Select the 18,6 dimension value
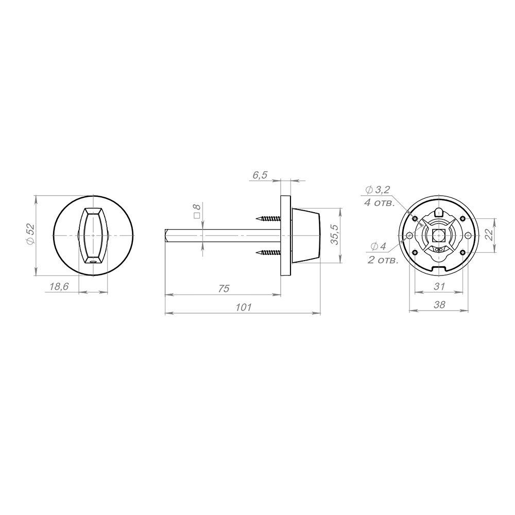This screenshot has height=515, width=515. (59, 287)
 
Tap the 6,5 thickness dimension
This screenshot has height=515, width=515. (260, 176)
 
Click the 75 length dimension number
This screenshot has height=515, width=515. (224, 289)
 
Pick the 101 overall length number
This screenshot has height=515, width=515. (244, 307)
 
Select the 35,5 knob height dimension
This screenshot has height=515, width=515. (334, 234)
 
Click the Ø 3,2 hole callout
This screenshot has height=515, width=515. (377, 190)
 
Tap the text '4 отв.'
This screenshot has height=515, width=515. (379, 202)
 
